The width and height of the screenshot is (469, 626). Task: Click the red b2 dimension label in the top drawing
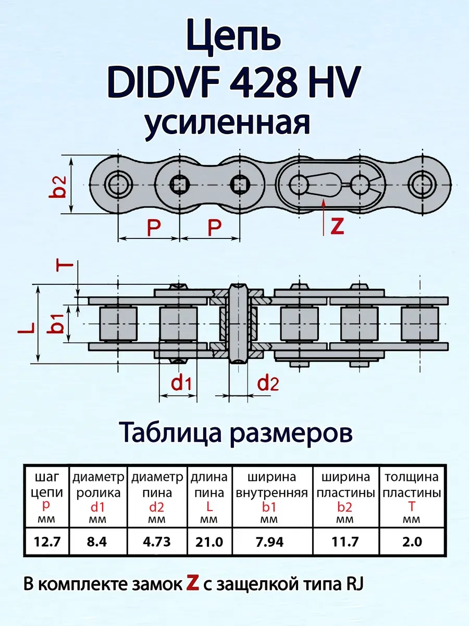(60, 186)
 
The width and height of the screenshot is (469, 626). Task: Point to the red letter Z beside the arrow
(338, 225)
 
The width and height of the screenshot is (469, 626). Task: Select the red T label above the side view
(64, 266)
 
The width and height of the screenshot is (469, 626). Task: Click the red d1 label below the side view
(181, 384)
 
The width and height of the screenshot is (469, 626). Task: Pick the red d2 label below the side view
(268, 384)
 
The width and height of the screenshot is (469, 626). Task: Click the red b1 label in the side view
(58, 324)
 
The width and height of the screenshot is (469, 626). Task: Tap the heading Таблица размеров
(236, 432)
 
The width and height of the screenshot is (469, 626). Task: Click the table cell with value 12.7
(48, 543)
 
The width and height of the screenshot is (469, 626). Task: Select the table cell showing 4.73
(156, 543)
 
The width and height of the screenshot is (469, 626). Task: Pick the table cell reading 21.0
(208, 543)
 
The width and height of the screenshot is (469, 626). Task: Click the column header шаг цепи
(47, 485)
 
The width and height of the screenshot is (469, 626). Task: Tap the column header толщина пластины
(411, 485)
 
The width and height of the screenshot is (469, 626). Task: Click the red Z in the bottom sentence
(193, 584)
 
